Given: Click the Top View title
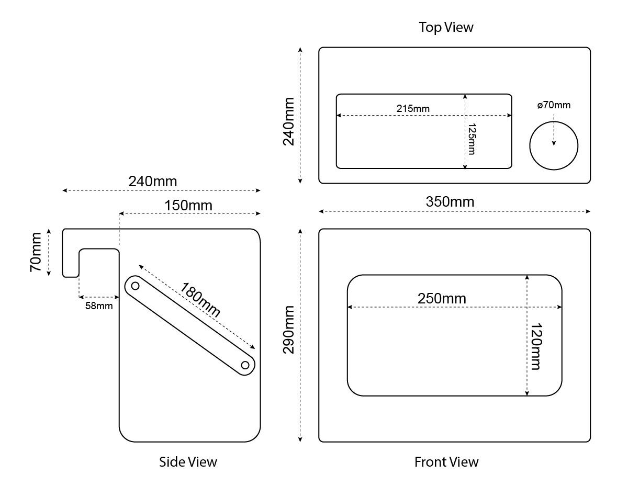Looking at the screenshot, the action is [446, 27].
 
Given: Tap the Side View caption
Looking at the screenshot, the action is [188, 462].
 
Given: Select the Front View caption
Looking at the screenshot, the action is [446, 462].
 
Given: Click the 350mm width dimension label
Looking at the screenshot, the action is [450, 202].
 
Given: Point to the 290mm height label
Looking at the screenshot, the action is [288, 330].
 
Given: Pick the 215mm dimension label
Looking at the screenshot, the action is [413, 109].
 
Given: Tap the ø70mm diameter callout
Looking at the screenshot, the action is [554, 105].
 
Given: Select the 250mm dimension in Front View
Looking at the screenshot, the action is [442, 299].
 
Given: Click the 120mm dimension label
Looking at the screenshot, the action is [536, 346].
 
